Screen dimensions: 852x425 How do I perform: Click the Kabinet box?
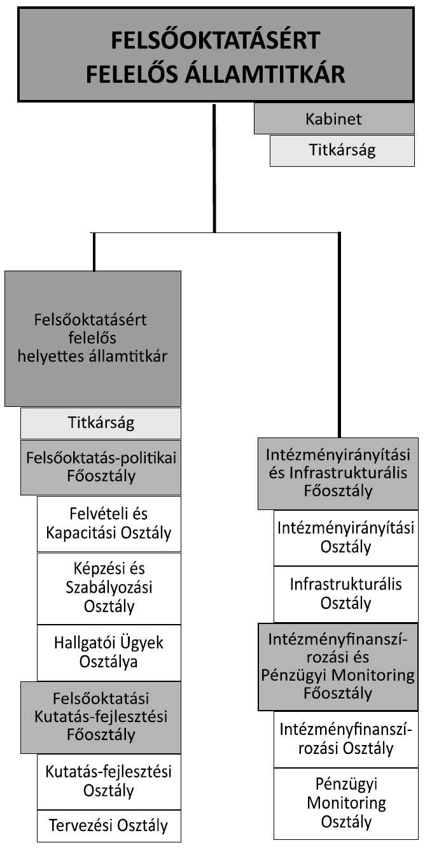tap(334, 119)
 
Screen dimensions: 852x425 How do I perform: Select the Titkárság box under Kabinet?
tap(342, 151)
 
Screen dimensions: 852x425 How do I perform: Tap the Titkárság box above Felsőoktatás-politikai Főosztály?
tap(101, 423)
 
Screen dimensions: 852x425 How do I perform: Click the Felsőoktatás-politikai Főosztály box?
tap(101, 467)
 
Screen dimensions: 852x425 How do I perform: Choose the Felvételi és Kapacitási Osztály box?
tap(109, 523)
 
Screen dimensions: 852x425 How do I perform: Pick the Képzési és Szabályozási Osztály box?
tap(109, 588)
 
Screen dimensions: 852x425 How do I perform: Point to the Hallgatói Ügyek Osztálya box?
tap(109, 652)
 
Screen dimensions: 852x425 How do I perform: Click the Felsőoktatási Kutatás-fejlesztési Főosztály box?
tap(101, 717)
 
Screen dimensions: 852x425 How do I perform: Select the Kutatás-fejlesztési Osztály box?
tap(109, 781)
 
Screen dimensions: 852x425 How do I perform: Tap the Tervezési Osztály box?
tap(109, 826)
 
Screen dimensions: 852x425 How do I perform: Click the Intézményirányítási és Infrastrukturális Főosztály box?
tap(338, 473)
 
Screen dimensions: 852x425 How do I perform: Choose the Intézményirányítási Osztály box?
tap(346, 537)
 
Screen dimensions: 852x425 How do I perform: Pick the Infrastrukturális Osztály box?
tap(346, 593)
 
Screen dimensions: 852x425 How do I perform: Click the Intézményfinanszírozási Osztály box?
tap(346, 739)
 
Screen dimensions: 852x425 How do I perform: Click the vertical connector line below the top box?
tap(214, 166)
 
